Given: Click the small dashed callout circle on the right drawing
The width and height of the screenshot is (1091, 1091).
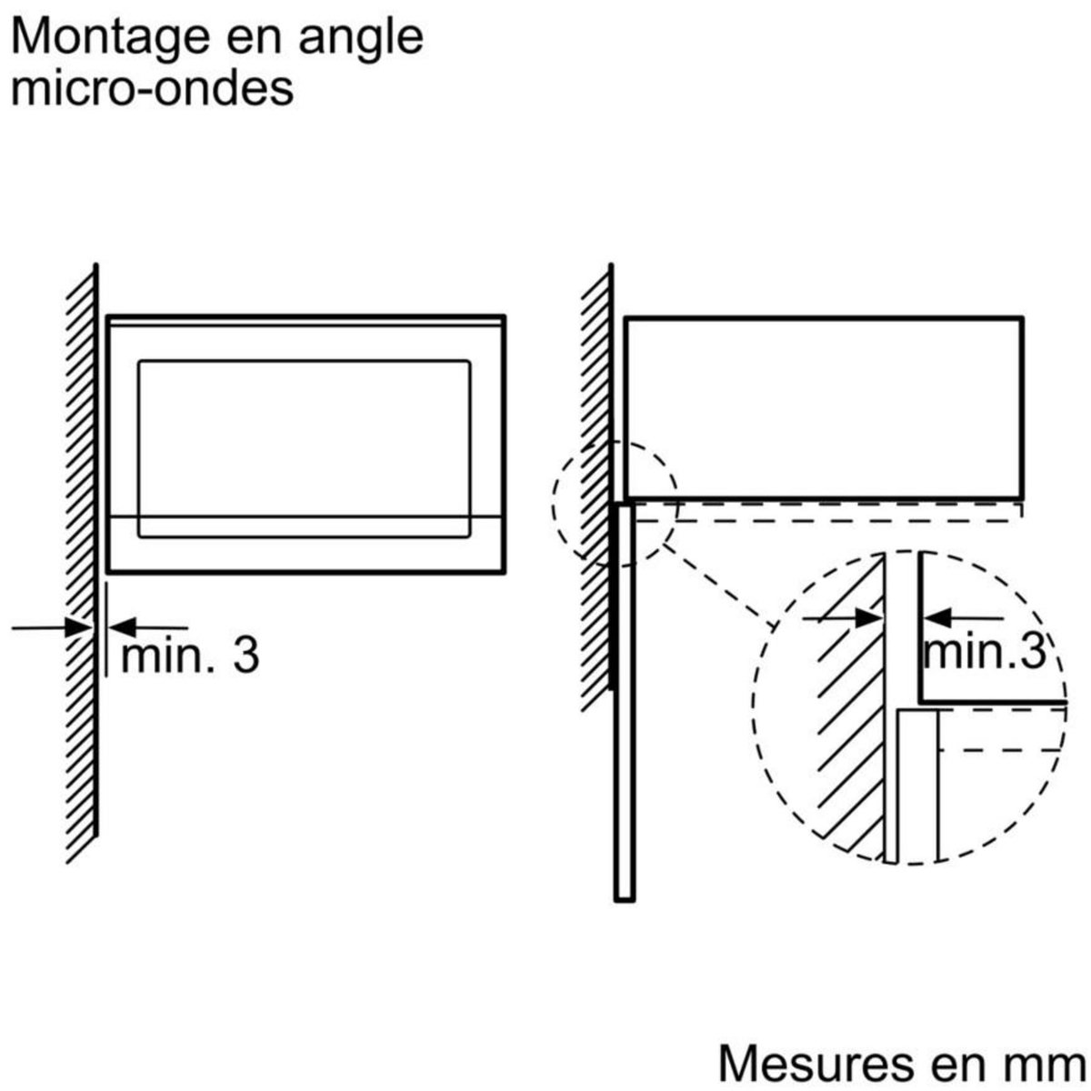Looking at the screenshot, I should tap(615, 505).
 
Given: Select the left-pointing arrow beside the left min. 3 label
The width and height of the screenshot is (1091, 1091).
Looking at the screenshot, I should tap(150, 626).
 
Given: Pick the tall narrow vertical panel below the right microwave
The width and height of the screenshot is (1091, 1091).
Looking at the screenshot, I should tap(625, 700).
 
